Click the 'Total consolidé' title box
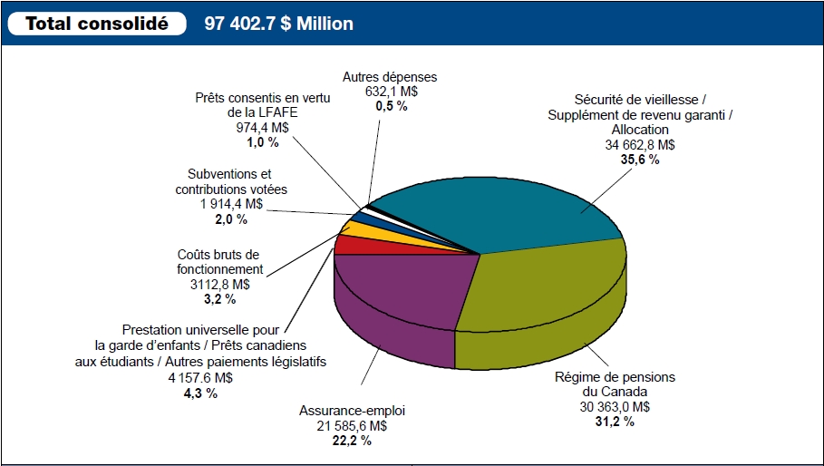[x=97, y=24]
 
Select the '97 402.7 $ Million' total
[x=279, y=24]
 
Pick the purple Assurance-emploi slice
[x=399, y=290]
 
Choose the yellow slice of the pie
[x=357, y=229]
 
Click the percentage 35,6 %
[x=640, y=160]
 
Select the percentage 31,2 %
[x=616, y=422]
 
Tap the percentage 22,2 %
[x=352, y=441]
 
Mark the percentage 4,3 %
[x=200, y=393]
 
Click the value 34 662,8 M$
[x=640, y=145]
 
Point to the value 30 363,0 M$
[x=616, y=407]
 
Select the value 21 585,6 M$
[x=352, y=426]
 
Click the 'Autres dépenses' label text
[x=390, y=77]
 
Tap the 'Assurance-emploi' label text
[x=352, y=411]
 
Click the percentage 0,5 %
[x=391, y=106]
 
